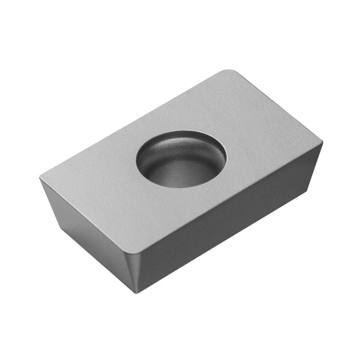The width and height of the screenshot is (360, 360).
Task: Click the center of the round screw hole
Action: click(x=181, y=159)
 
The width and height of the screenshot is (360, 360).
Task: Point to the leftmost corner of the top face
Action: click(x=40, y=178)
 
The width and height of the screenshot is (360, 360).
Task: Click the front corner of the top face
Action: click(x=134, y=253)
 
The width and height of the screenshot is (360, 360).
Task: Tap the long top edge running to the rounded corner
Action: click(x=135, y=125)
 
